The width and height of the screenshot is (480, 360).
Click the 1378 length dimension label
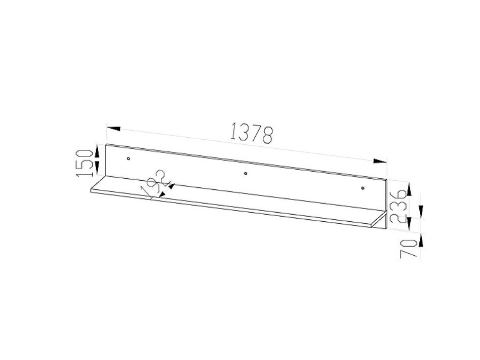[252, 133]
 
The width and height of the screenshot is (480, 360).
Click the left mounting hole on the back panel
[129, 159]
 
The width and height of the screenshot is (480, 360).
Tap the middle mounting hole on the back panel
[246, 174]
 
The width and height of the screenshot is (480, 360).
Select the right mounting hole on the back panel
[363, 188]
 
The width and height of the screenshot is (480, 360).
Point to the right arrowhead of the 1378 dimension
[380, 161]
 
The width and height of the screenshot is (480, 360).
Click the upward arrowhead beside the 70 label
[419, 240]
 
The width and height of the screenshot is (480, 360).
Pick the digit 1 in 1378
[234, 131]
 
